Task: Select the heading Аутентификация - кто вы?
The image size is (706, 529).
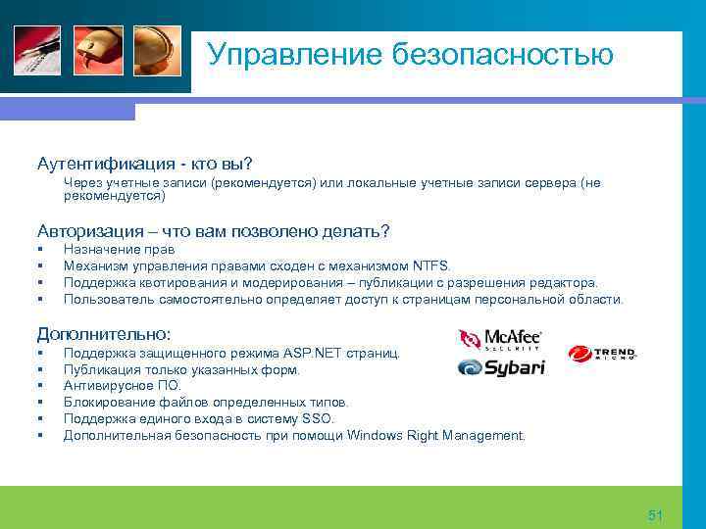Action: pyautogui.click(x=144, y=162)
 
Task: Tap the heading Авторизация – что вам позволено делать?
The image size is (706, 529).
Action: pyautogui.click(x=213, y=231)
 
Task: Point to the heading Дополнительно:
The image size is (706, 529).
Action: pyautogui.click(x=104, y=332)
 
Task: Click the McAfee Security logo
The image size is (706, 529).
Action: pyautogui.click(x=500, y=339)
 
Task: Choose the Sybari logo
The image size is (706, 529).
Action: pyautogui.click(x=500, y=367)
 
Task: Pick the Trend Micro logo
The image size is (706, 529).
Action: pyautogui.click(x=601, y=354)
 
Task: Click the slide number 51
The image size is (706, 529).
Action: pyautogui.click(x=656, y=515)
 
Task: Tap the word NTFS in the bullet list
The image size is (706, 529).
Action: pyautogui.click(x=431, y=265)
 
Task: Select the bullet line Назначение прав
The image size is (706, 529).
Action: pyautogui.click(x=119, y=250)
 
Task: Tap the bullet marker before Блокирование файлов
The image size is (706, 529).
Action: pyautogui.click(x=41, y=403)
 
